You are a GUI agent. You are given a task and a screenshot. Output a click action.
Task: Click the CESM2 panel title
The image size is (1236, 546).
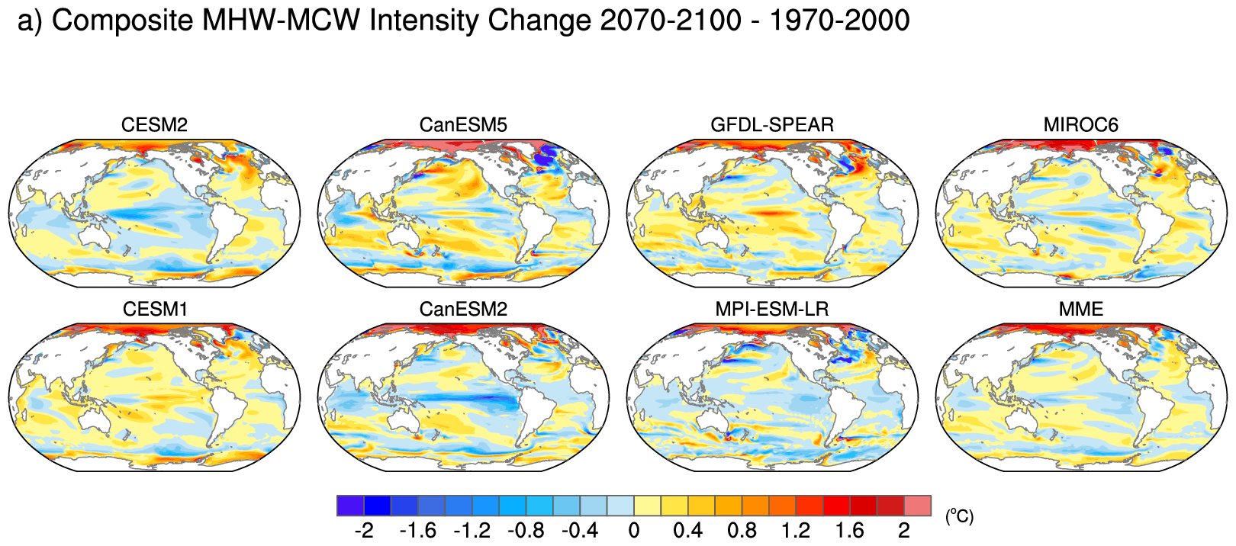click(154, 125)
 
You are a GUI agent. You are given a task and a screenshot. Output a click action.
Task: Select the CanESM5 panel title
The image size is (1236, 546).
click(463, 125)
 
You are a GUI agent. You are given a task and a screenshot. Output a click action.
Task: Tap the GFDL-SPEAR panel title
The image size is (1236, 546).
click(772, 125)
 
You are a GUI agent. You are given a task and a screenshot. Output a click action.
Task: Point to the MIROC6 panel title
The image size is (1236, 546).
click(1080, 125)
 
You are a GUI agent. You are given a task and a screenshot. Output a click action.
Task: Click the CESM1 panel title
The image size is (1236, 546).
click(155, 310)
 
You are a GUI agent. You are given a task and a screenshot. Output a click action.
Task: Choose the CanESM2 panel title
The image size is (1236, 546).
click(463, 310)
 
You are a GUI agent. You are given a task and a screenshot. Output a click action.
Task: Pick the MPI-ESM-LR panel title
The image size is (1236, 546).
click(772, 310)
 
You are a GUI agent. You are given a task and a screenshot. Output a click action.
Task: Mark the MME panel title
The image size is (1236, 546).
click(1080, 310)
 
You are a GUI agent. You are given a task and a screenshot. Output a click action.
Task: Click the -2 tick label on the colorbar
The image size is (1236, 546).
click(363, 530)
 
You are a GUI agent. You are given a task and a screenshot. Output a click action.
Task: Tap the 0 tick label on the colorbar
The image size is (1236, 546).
click(634, 530)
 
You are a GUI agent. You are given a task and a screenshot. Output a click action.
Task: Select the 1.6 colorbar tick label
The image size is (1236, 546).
click(849, 530)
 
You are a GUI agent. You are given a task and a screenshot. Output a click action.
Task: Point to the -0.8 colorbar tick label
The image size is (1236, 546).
click(526, 530)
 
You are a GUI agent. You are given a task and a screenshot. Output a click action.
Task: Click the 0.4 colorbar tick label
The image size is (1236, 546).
click(687, 530)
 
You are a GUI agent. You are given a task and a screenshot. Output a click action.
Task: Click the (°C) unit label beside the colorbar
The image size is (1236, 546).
click(959, 516)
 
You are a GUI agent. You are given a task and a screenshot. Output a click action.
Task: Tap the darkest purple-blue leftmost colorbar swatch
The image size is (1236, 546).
click(350, 506)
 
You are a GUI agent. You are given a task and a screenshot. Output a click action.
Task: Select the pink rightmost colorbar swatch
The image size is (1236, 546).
click(917, 506)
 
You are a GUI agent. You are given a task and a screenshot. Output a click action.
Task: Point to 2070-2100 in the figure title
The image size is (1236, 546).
click(670, 21)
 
